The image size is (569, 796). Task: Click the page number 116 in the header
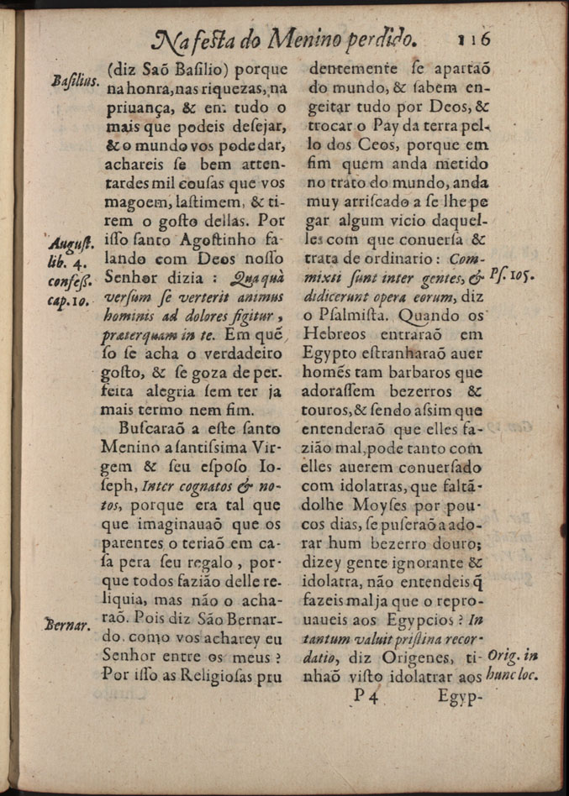[475, 39]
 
